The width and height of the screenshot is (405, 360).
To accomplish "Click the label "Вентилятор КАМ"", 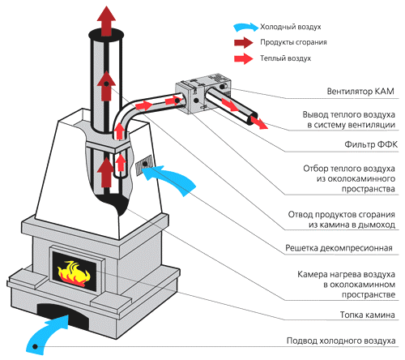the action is coord(360,92).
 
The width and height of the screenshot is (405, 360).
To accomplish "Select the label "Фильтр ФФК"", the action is coord(371,144).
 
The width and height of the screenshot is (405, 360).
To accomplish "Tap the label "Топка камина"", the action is coord(367,315).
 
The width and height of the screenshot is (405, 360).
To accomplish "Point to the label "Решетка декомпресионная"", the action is coord(339,248).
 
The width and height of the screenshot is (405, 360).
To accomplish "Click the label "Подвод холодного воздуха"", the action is coord(341,341).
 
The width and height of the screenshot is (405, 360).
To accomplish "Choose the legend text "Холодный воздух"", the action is coord(291,27).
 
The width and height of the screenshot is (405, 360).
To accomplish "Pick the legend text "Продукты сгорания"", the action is coord(293,42).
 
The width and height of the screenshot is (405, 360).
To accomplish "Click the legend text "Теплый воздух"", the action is coord(285,58).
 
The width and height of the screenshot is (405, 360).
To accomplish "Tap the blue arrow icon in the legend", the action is coord(245,27).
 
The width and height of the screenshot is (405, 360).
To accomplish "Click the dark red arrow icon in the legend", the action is coord(244,42).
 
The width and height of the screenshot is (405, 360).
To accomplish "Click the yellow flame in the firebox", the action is coord(74,272).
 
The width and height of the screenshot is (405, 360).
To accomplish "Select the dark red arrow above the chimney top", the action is coord(106,21).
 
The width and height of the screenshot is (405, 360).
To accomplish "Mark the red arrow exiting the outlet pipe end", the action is coord(259,122).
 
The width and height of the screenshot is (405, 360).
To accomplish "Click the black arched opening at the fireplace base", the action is coord(62,314).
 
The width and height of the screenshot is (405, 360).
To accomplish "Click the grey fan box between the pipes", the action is coord(203,93).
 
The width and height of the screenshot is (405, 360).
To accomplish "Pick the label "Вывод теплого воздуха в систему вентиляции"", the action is coord(348,120).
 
